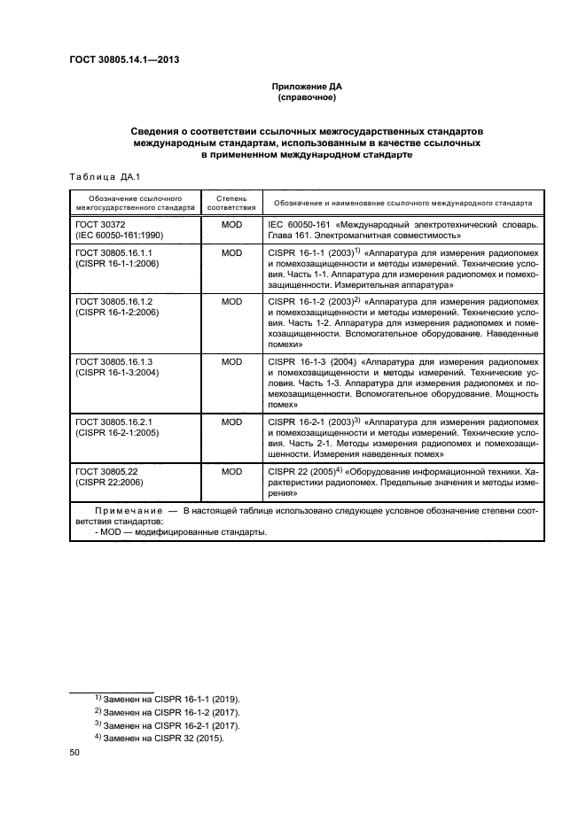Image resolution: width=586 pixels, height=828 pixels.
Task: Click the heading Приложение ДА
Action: tap(306, 87)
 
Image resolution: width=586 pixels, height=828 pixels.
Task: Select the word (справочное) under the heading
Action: tap(306, 98)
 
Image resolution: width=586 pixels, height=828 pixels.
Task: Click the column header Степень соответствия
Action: tap(231, 202)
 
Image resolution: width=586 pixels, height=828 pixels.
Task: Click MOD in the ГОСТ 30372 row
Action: tap(231, 226)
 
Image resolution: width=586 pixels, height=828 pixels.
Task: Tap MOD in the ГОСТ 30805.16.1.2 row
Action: tap(231, 302)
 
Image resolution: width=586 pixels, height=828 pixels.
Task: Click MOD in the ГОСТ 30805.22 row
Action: tap(231, 472)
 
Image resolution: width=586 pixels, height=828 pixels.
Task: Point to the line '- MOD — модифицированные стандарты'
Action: tap(179, 532)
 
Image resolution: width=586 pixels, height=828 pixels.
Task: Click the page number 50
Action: tap(74, 753)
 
